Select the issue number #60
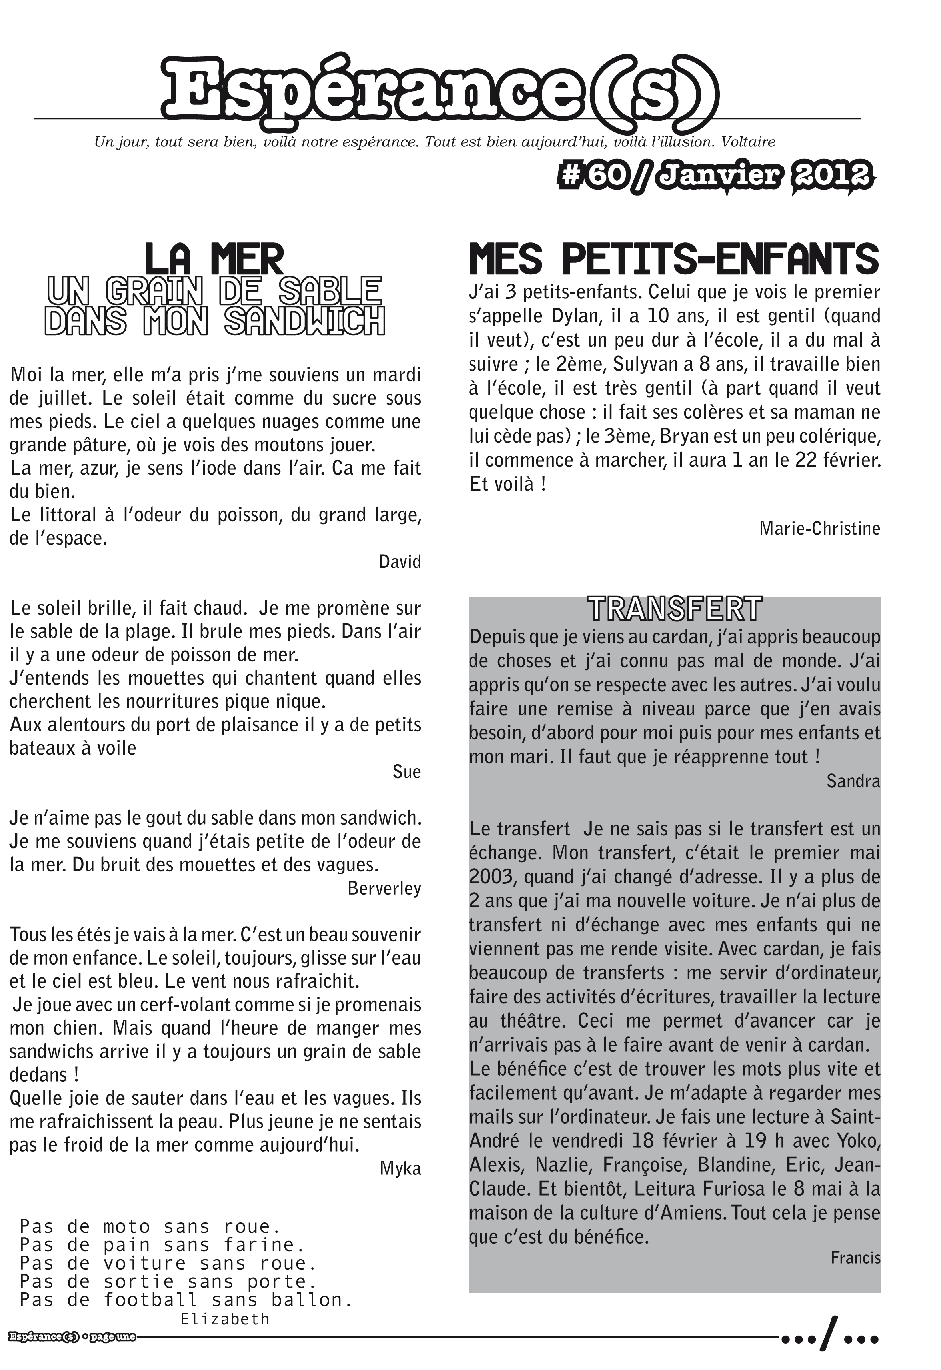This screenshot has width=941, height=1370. click(x=591, y=176)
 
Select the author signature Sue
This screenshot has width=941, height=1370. click(x=406, y=771)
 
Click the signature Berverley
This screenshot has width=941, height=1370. click(x=384, y=888)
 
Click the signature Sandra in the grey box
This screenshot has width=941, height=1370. click(x=853, y=781)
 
